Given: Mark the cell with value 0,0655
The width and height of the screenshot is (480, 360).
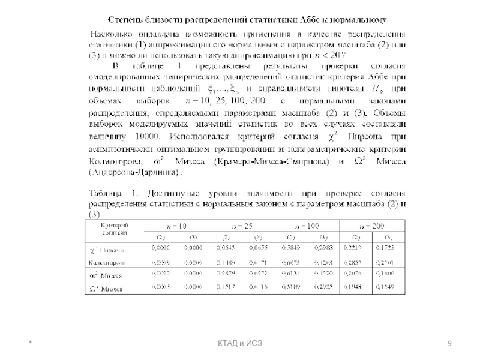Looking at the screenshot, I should coord(258,248).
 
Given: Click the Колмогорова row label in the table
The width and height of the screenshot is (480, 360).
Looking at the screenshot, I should coord(107,262).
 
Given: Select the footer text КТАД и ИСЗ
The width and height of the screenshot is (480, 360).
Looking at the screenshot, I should coord(240,343).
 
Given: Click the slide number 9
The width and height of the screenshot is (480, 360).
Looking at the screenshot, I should coord(449,343).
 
